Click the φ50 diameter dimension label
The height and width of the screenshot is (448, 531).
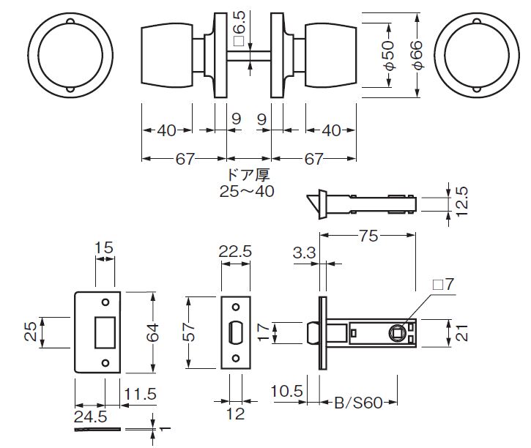[389, 55]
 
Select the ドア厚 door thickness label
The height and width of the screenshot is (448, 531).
[248, 175]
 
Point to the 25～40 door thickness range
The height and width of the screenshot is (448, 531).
[247, 192]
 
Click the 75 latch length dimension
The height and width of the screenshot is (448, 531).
[368, 236]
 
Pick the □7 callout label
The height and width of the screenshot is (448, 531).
[443, 284]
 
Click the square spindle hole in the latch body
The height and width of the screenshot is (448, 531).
[397, 333]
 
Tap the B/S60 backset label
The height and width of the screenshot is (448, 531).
[358, 403]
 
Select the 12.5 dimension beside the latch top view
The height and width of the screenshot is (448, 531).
[462, 201]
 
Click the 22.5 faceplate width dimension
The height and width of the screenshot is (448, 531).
[235, 251]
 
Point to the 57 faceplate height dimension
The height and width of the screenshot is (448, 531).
[190, 332]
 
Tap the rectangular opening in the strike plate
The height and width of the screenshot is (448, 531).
[105, 332]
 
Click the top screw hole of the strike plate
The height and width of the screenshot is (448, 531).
[105, 302]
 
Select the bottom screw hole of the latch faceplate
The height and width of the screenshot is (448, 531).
[236, 358]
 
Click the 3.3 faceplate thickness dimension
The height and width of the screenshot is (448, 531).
[304, 253]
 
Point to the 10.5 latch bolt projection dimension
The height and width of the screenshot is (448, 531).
[286, 392]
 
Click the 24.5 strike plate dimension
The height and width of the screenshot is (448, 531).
[91, 417]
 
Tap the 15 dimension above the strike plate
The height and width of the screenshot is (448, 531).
[103, 248]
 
